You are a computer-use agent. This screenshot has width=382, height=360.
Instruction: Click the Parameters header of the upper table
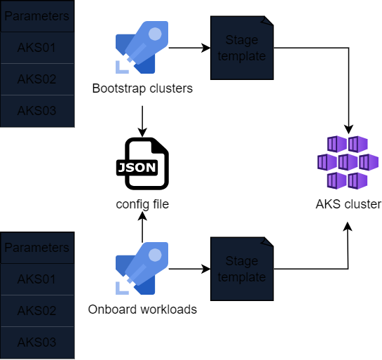pyautogui.click(x=36, y=16)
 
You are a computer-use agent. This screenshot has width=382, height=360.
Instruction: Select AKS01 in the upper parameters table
pyautogui.click(x=36, y=48)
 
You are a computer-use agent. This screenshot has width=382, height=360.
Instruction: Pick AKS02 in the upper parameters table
pyautogui.click(x=36, y=79)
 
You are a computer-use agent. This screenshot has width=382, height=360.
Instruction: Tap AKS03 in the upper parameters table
pyautogui.click(x=36, y=111)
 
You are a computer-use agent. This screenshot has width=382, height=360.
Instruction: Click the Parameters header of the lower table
pyautogui.click(x=36, y=248)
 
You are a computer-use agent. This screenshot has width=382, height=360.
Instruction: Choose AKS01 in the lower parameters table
pyautogui.click(x=36, y=279)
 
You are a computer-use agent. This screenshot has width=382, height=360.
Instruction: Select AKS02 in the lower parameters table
pyautogui.click(x=36, y=311)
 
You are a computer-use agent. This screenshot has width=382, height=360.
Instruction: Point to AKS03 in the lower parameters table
pyautogui.click(x=36, y=342)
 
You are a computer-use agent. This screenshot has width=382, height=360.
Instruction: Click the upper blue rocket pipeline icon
pyautogui.click(x=142, y=48)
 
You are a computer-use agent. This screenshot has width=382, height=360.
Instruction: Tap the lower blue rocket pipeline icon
pyautogui.click(x=142, y=268)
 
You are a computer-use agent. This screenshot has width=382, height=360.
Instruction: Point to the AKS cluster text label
pyautogui.click(x=348, y=205)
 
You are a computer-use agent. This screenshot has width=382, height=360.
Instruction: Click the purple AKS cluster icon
pyautogui.click(x=348, y=163)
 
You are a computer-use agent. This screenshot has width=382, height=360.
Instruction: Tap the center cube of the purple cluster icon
pyautogui.click(x=348, y=163)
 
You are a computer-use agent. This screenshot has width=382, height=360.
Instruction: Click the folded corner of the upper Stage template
pyautogui.click(x=268, y=22)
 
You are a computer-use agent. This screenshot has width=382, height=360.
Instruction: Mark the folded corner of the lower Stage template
pyautogui.click(x=268, y=244)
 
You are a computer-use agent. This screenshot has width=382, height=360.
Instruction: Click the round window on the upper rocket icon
pyautogui.click(x=155, y=33)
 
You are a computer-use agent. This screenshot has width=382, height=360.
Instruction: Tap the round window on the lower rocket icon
pyautogui.click(x=155, y=253)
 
